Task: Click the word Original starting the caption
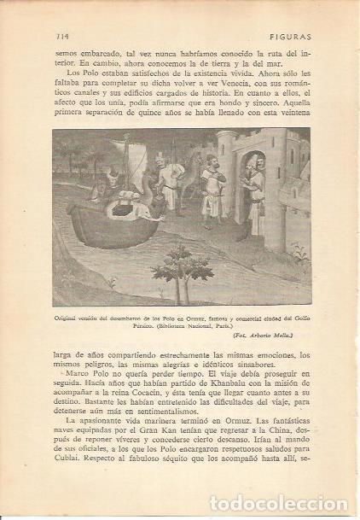73,316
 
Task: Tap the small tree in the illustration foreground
183,269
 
